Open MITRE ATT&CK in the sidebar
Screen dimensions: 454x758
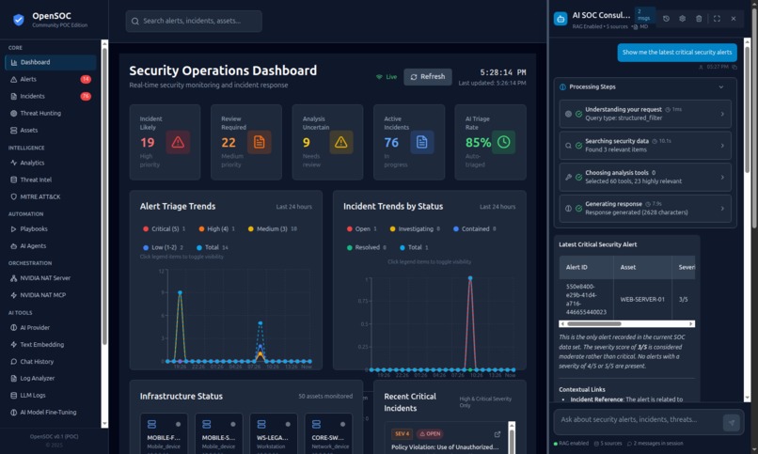click(x=40, y=196)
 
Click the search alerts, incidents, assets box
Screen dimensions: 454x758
click(x=194, y=22)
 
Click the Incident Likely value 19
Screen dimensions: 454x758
click(x=148, y=142)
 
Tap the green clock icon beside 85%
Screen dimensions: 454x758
click(x=504, y=142)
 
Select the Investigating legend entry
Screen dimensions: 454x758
click(x=410, y=228)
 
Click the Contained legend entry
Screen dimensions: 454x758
click(x=477, y=228)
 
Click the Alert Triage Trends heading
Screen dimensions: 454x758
click(x=177, y=206)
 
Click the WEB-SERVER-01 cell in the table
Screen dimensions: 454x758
click(x=642, y=299)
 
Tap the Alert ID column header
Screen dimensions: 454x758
click(x=576, y=267)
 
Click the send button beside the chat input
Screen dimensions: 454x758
click(x=731, y=423)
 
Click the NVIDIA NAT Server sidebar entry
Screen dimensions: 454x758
click(x=45, y=278)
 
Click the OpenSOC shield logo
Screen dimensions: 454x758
click(x=19, y=20)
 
